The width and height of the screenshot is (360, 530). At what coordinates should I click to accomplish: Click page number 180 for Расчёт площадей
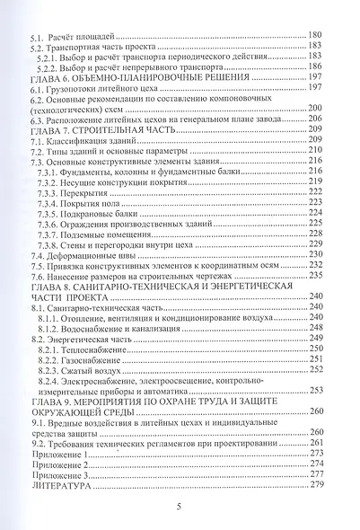point(316,33)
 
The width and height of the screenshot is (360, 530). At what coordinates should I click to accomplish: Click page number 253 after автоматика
point(316,390)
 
